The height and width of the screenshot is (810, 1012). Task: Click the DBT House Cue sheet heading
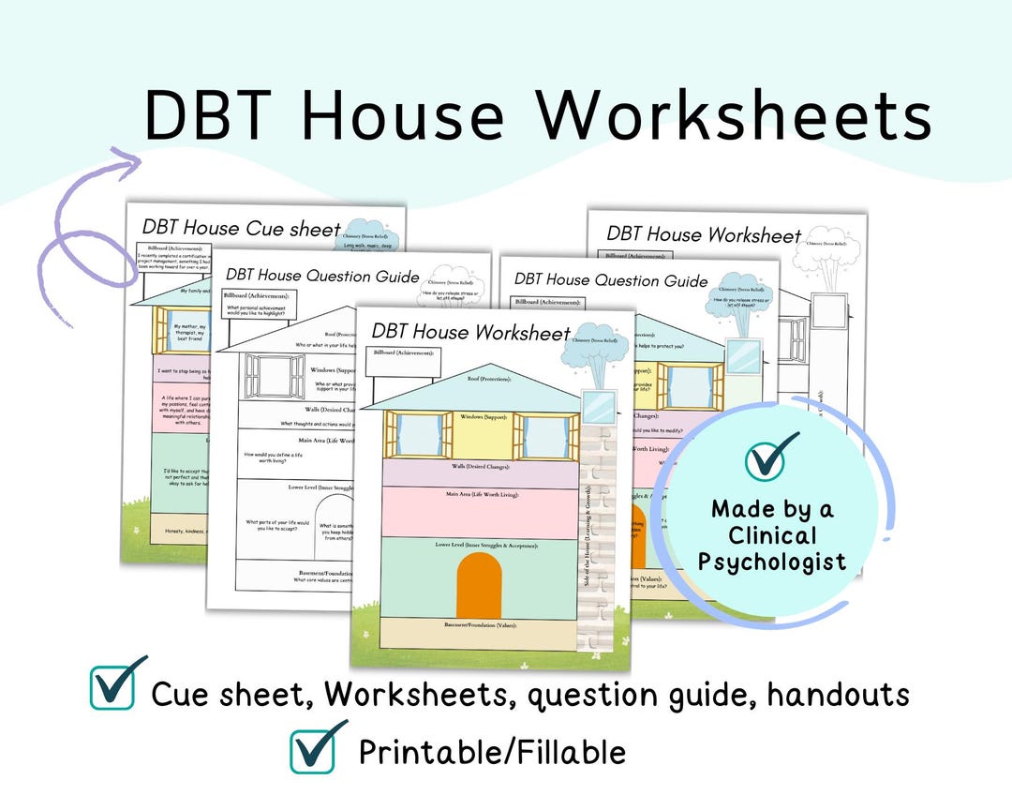tap(241, 228)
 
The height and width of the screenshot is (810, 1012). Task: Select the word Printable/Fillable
tap(492, 752)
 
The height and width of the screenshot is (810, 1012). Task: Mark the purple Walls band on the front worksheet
tap(469, 473)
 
